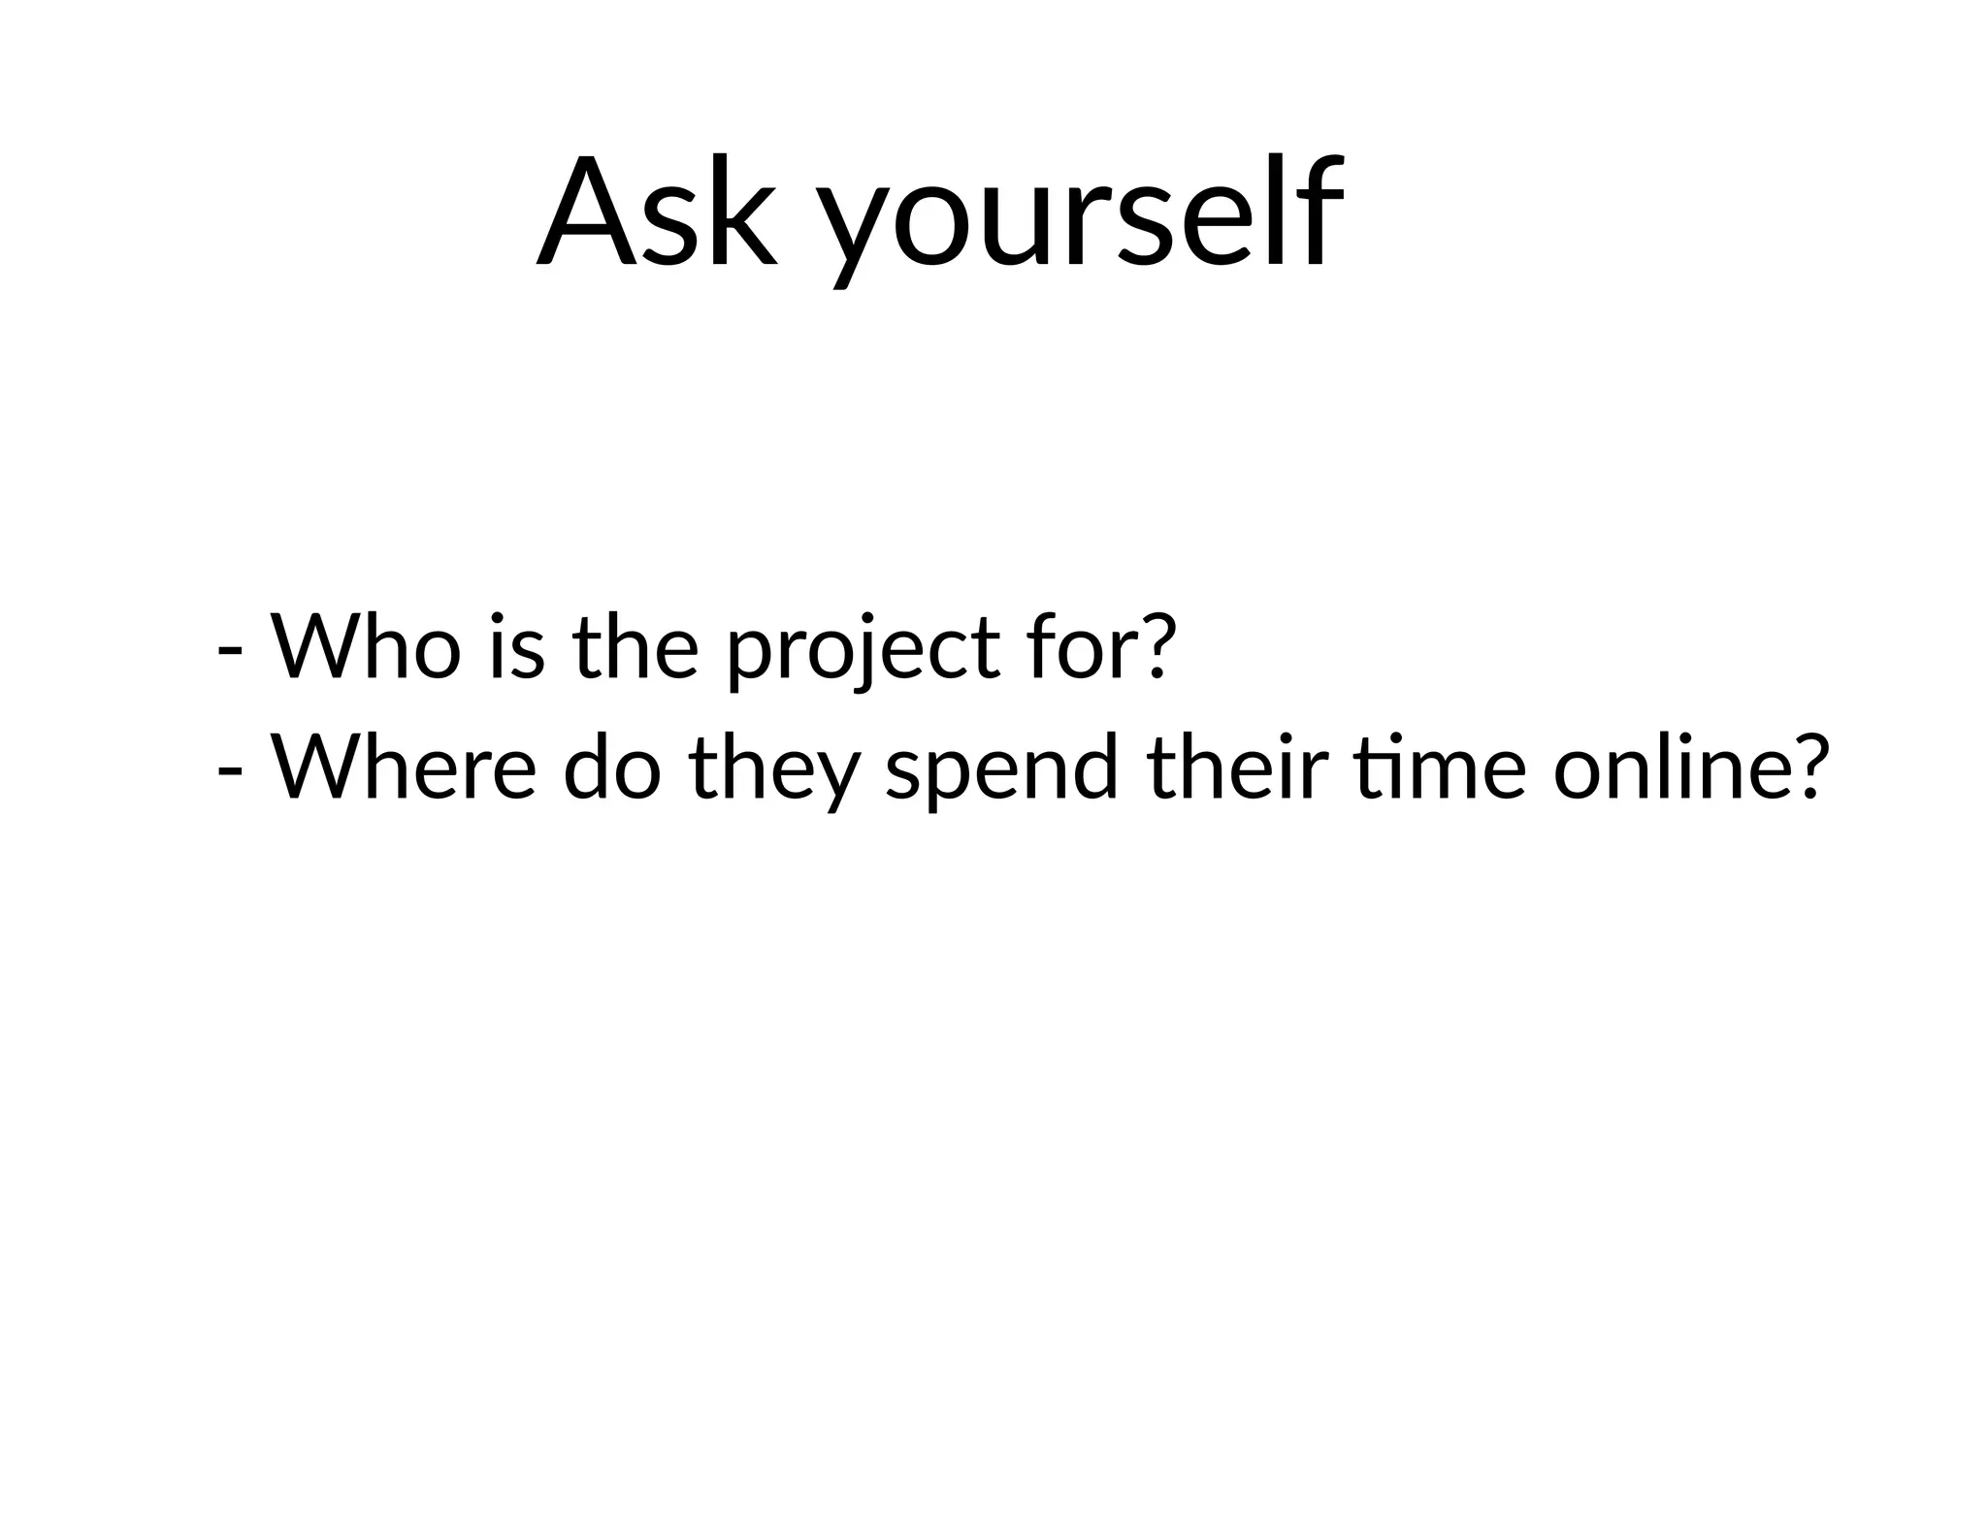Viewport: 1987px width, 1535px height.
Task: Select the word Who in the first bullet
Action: (x=365, y=646)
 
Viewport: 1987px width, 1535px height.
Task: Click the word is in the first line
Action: (x=517, y=646)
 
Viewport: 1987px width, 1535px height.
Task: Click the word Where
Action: (x=403, y=766)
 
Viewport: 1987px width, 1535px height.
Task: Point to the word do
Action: (x=611, y=766)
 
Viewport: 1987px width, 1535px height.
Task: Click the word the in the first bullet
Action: (x=635, y=646)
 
